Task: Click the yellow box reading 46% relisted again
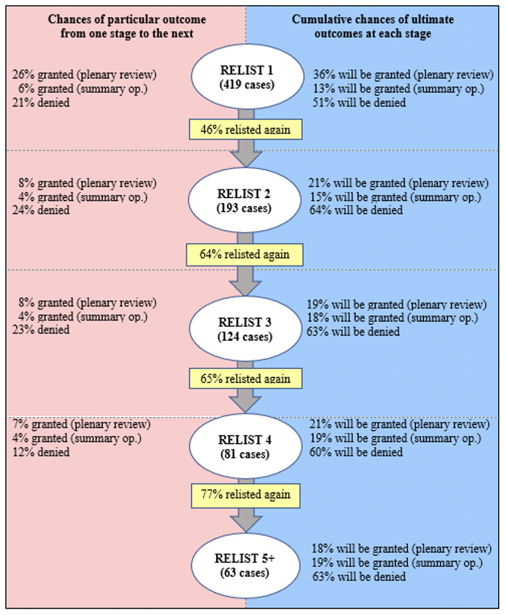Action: click(x=246, y=130)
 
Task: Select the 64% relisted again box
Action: click(x=246, y=254)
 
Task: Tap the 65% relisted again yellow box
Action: click(x=246, y=378)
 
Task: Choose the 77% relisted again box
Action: click(x=246, y=494)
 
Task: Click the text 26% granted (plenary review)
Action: click(x=84, y=75)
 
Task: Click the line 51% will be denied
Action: click(x=359, y=102)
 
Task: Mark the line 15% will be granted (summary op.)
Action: click(x=397, y=196)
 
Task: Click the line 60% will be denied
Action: click(x=356, y=452)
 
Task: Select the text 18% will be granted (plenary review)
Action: click(x=401, y=549)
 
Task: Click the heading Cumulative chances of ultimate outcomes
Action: click(x=373, y=26)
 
